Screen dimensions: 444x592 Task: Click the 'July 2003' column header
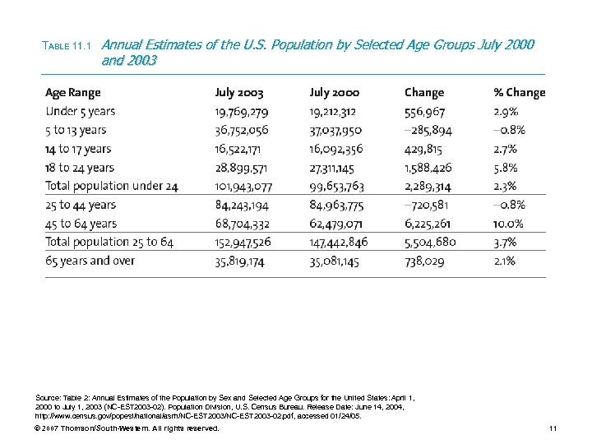239,93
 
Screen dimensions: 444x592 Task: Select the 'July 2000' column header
334,93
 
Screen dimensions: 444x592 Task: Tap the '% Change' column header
519,93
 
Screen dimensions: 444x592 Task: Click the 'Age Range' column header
73,93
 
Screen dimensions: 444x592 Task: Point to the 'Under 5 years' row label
81,112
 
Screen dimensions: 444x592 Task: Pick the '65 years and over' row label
90,261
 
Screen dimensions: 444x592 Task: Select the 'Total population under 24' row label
112,187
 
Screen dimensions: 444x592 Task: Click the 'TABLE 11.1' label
69,46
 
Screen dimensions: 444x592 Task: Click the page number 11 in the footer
553,428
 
